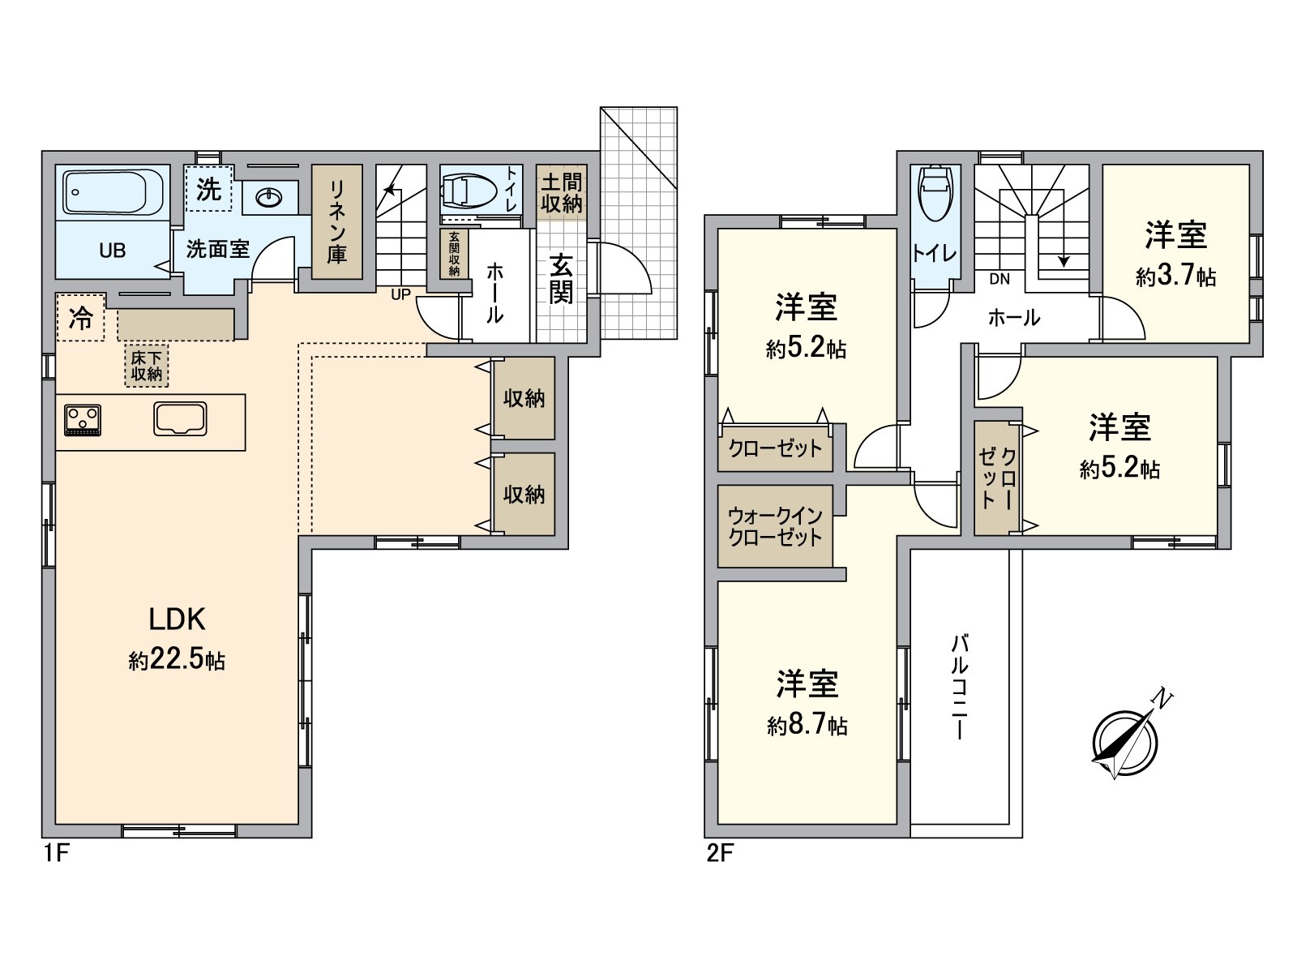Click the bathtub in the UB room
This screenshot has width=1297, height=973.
[113, 192]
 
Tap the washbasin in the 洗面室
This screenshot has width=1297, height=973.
[268, 196]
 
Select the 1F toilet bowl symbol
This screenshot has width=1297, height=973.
[469, 190]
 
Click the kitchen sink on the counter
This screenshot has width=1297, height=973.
[181, 419]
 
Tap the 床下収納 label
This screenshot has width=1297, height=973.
[147, 366]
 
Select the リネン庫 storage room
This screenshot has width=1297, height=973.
[336, 222]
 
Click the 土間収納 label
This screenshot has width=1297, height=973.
[561, 193]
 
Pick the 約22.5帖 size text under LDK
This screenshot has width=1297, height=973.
[177, 659]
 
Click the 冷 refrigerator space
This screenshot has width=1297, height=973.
[80, 318]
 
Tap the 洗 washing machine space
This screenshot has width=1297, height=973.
[208, 189]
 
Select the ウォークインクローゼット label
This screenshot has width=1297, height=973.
[775, 526]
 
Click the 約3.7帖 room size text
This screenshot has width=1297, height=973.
[1175, 276]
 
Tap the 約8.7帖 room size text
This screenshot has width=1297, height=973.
[807, 724]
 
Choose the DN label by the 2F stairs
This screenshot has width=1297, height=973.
[1000, 279]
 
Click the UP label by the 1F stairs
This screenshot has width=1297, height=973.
[400, 294]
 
